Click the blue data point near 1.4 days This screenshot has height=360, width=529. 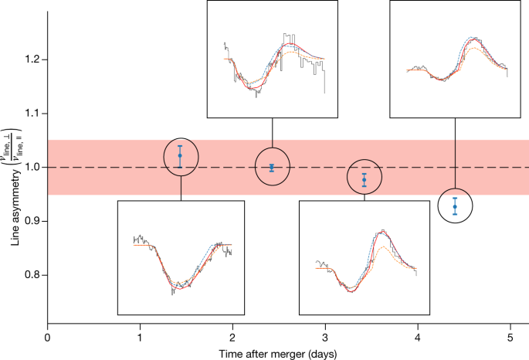(180, 156)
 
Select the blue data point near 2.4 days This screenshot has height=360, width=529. (272, 167)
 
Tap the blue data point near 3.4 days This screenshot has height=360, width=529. (365, 179)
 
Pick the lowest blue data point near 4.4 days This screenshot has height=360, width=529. (455, 206)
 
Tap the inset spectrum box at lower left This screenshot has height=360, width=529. (181, 257)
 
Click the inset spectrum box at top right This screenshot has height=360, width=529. (455, 59)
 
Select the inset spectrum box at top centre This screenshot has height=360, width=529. (272, 59)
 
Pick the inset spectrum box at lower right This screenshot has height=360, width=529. (363, 257)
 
